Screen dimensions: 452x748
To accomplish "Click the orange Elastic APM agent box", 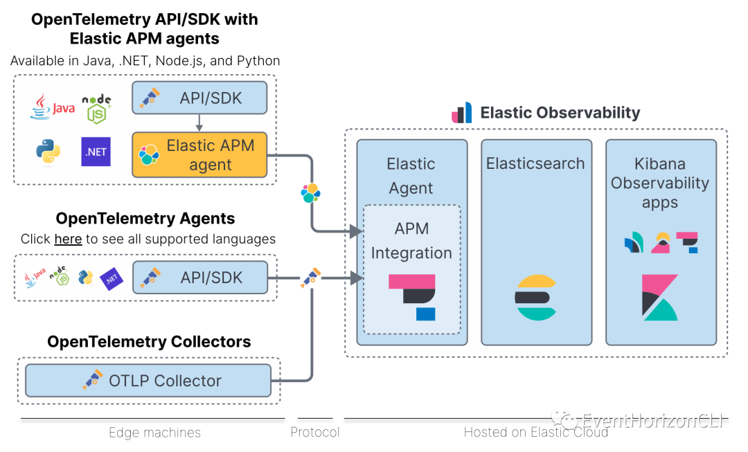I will click(199, 155).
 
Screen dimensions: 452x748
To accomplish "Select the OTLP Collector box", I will click(148, 381).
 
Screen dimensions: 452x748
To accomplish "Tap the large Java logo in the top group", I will click(52, 108).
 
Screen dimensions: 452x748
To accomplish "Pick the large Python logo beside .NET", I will click(48, 152).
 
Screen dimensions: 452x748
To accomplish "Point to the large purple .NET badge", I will click(96, 152).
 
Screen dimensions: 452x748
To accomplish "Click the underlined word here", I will click(68, 239).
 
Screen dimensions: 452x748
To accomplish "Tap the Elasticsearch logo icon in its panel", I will click(536, 297).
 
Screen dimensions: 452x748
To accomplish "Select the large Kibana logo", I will click(659, 298).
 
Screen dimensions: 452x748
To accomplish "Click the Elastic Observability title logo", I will click(461, 113).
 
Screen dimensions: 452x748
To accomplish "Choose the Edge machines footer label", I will click(154, 433).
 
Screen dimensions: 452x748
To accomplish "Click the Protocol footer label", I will click(315, 433).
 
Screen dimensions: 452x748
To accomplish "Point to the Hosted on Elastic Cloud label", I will click(535, 433).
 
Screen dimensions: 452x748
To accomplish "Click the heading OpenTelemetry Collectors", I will click(149, 341).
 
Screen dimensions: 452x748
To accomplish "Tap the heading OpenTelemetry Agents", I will click(145, 219).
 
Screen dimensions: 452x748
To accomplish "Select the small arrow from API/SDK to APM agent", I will click(199, 123).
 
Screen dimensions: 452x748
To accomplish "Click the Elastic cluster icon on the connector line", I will click(311, 193).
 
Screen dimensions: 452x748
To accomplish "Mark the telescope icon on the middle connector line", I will click(311, 277).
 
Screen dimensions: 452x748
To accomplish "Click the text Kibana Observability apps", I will click(660, 183).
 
